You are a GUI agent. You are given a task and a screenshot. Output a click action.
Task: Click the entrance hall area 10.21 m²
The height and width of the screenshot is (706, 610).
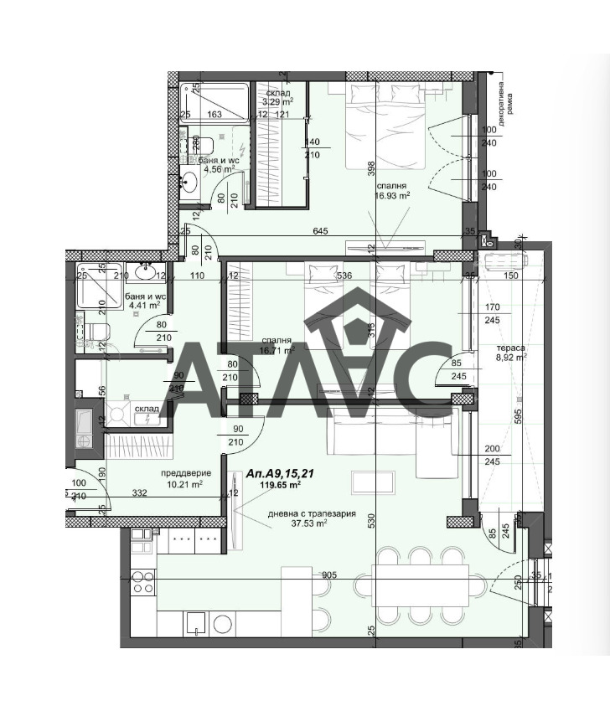(185, 484)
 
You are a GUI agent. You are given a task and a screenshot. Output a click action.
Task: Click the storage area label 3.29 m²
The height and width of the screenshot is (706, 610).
(278, 102)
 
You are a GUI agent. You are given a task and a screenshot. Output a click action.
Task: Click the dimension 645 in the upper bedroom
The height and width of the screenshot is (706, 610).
(319, 230)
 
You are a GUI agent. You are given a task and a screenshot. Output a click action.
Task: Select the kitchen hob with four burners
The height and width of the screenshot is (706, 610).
(142, 580)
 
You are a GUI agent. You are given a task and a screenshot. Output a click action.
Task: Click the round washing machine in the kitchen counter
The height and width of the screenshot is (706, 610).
(223, 624)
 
